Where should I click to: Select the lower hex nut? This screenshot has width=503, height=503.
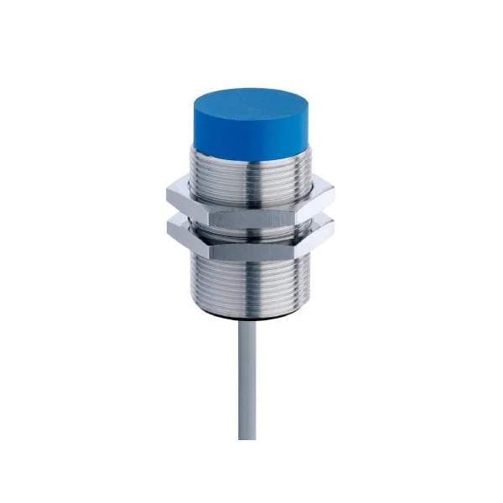[x=251, y=237]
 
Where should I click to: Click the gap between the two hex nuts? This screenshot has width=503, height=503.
[x=251, y=219]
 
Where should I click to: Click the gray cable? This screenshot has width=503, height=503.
[x=246, y=386]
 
